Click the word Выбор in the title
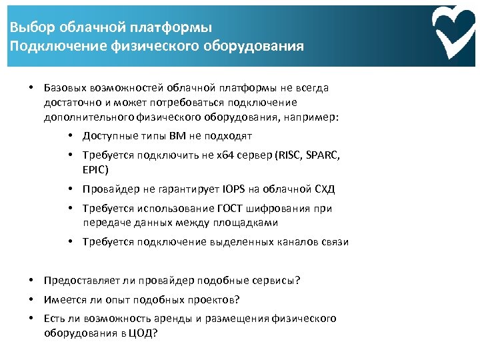pyautogui.click(x=29, y=28)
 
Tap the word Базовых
pyautogui.click(x=62, y=87)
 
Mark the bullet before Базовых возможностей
pyautogui.click(x=31, y=87)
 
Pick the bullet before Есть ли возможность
pyautogui.click(x=31, y=319)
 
